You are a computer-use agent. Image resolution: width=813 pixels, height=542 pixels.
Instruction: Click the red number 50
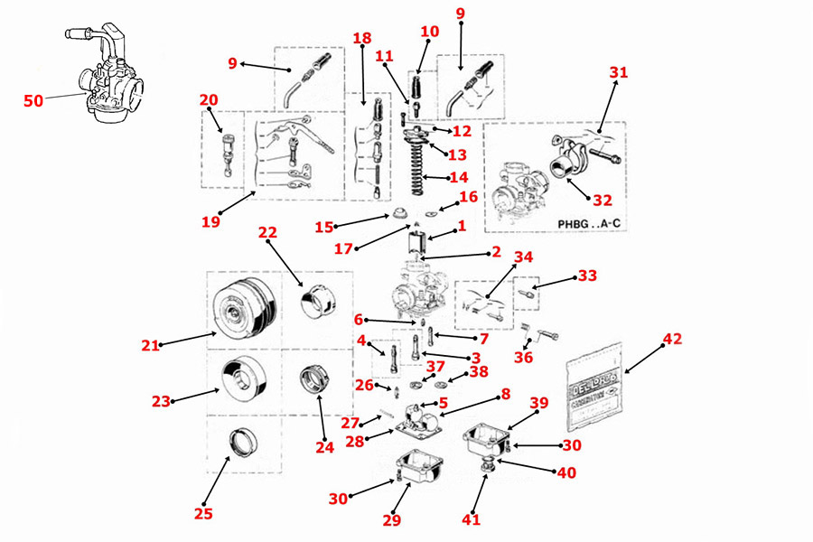tap(33, 101)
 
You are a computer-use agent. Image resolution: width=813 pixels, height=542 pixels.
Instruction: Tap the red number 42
tap(672, 340)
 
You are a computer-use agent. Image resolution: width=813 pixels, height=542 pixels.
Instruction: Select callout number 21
tap(150, 344)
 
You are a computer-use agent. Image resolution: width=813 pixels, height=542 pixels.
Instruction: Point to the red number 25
tap(203, 514)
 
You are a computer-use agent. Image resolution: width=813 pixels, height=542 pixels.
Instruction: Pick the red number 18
tap(362, 39)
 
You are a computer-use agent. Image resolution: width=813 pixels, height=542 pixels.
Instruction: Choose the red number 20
tap(209, 99)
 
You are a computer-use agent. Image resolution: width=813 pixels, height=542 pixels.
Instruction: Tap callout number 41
tap(472, 519)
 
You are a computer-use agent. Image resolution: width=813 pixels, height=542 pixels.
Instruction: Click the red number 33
tap(588, 276)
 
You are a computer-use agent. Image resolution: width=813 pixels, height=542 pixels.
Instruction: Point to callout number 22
tap(266, 232)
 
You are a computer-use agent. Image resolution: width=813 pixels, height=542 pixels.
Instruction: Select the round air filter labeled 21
tap(242, 306)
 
